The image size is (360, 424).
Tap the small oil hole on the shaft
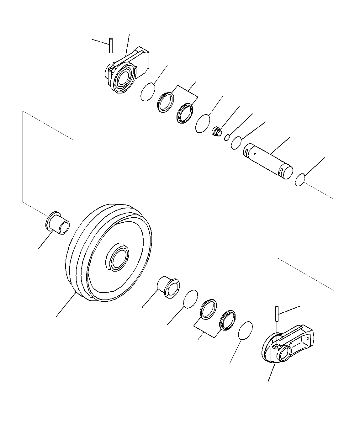(256, 153)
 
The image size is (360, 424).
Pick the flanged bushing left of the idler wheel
(58, 223)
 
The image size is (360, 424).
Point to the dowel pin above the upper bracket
(111, 45)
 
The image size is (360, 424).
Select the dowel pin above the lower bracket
(276, 314)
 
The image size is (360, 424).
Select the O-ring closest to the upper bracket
(148, 92)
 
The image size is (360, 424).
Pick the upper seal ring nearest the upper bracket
(166, 102)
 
